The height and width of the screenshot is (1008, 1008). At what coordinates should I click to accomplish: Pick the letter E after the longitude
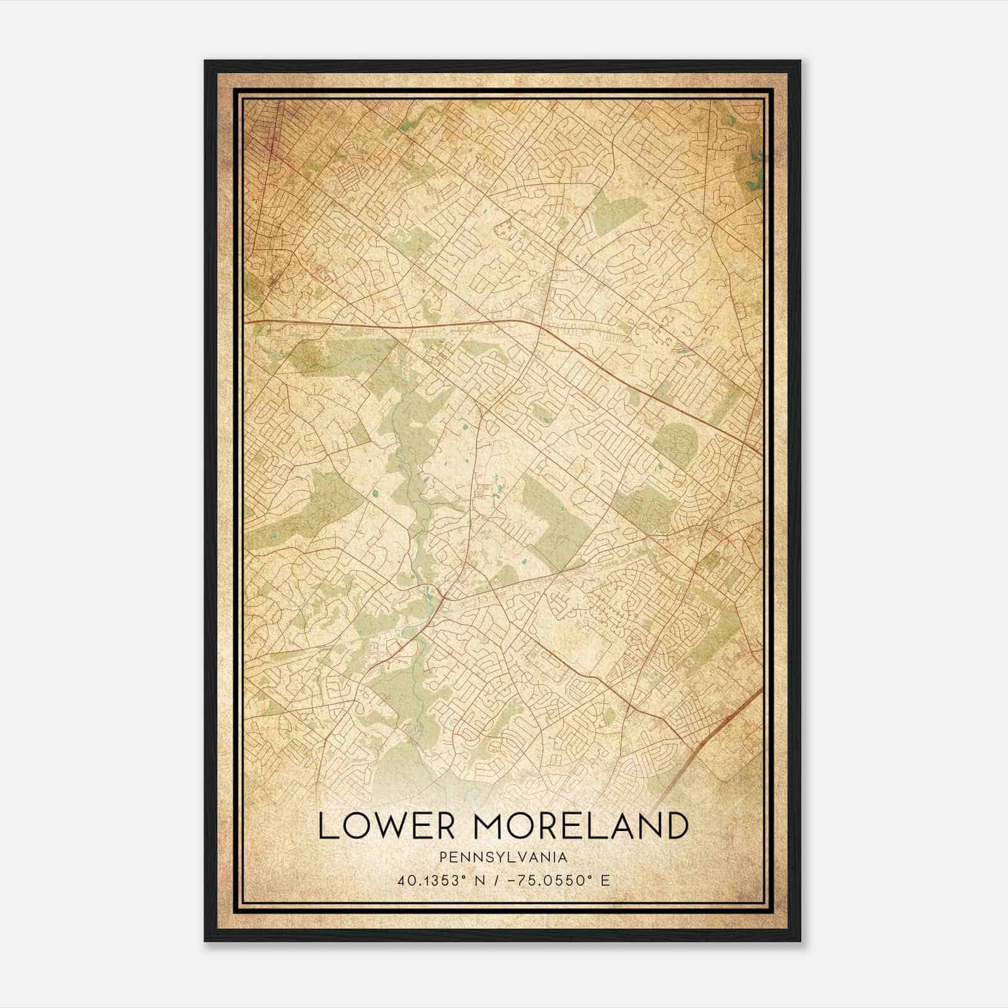point(605,880)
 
